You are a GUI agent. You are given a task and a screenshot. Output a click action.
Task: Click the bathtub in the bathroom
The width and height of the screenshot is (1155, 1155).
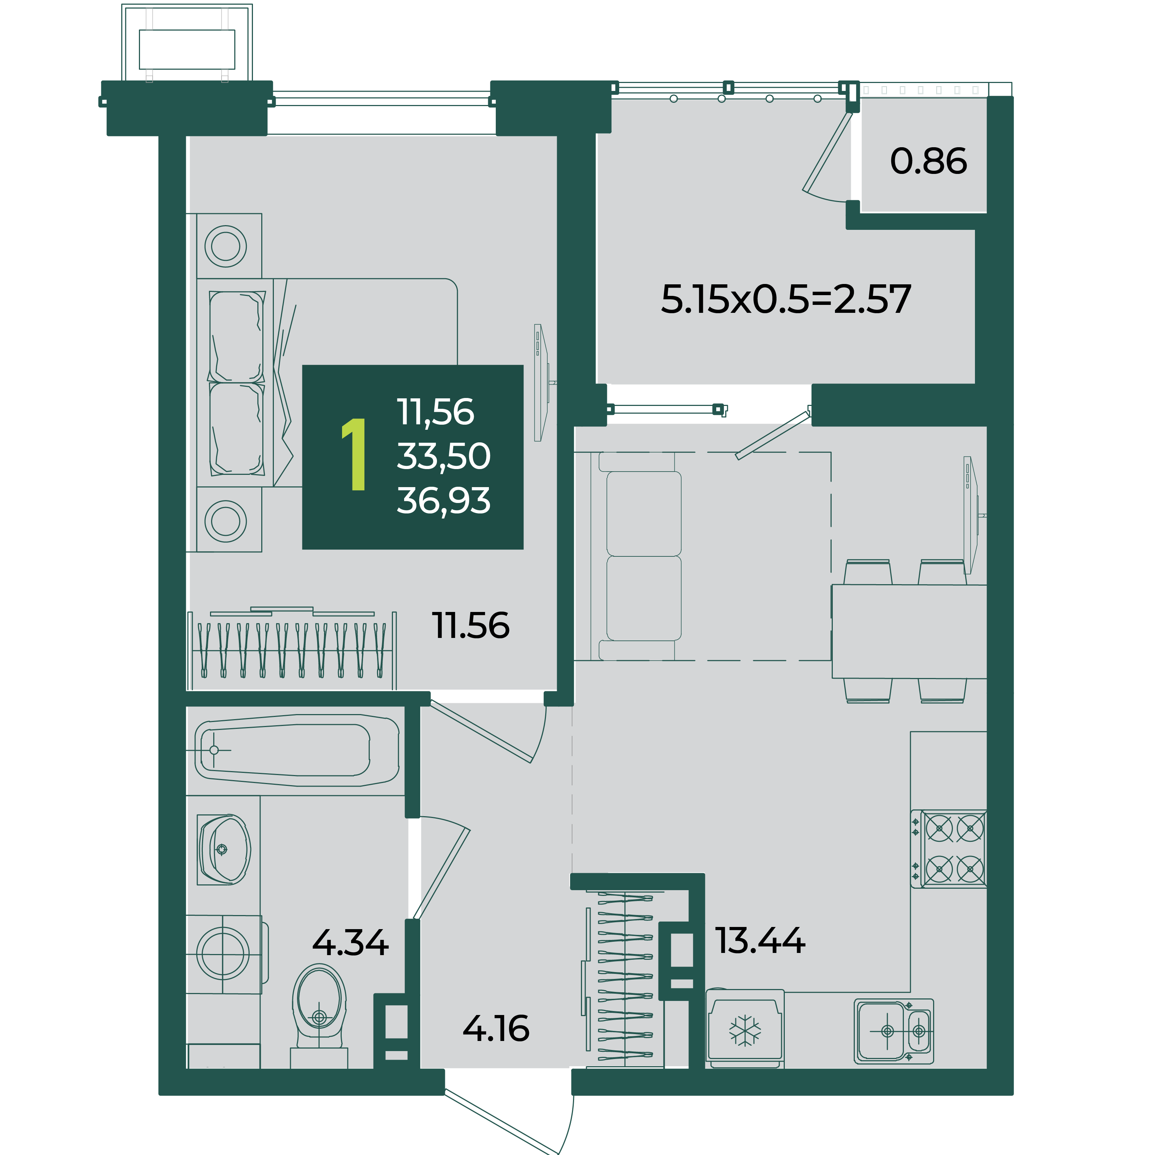(x=297, y=750)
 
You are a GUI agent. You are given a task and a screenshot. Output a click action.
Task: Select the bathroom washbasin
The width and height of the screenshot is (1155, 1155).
(x=224, y=849)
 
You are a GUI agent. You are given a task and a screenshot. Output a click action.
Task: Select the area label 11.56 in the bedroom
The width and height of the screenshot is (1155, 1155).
(x=471, y=626)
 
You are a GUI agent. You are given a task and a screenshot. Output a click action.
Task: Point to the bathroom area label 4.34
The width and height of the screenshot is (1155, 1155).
(x=350, y=943)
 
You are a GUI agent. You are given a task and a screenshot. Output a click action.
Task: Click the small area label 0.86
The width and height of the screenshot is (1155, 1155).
(x=928, y=161)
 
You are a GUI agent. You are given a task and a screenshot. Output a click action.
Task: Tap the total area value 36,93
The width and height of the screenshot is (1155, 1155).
(x=443, y=500)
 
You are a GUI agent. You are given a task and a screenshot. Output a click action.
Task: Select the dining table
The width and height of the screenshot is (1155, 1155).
(x=909, y=631)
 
